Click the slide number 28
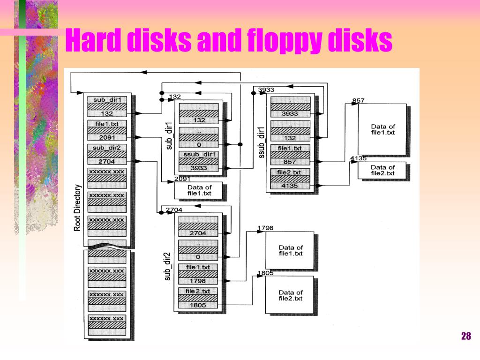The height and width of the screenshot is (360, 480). [x=466, y=336]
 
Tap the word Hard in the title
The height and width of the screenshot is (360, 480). [x=93, y=40]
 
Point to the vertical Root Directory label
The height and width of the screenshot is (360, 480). [x=77, y=208]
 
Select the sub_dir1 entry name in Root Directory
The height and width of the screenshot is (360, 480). [x=107, y=100]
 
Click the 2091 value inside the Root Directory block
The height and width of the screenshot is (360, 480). [x=107, y=137]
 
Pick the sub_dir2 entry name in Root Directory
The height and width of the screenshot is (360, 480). [x=107, y=148]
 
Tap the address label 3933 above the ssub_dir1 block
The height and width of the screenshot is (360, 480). [x=266, y=90]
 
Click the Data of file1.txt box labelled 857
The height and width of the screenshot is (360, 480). [x=382, y=129]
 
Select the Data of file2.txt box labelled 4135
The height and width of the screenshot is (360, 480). [x=382, y=170]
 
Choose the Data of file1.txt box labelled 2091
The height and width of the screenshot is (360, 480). [x=199, y=190]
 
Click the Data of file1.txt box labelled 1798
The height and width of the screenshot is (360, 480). [x=290, y=250]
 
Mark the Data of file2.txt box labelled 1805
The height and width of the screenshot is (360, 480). [x=290, y=295]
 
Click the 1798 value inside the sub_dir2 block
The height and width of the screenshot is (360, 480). [x=198, y=281]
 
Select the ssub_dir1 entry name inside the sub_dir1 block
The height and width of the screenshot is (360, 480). [x=199, y=154]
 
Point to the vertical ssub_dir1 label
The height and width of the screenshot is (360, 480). [x=261, y=142]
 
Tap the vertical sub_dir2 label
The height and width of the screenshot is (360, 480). [x=167, y=266]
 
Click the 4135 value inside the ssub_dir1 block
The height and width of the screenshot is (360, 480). [x=290, y=186]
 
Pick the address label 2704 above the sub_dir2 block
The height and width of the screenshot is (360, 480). [x=174, y=210]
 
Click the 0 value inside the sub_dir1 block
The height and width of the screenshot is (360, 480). [x=199, y=145]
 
